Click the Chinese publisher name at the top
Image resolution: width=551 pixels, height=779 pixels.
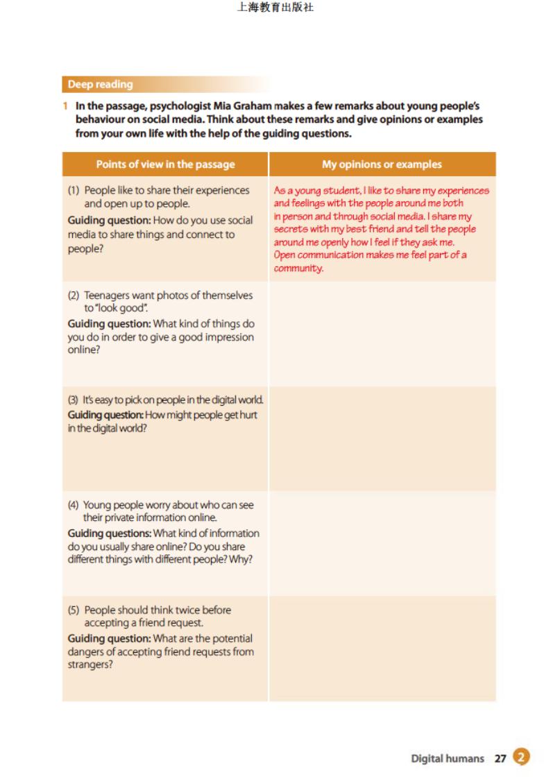coord(275,8)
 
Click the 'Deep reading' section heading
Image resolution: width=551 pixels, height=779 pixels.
coord(100,85)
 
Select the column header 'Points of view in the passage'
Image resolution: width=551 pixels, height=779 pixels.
coord(165,164)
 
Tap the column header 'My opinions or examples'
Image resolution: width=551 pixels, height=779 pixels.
coord(382,164)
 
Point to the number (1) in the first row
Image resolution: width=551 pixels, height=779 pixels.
coord(74,190)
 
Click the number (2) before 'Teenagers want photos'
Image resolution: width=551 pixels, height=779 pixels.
coord(74,296)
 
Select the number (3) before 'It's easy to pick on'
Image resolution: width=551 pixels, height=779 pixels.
coord(73,400)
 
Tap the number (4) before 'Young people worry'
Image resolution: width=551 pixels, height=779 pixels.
coord(73,505)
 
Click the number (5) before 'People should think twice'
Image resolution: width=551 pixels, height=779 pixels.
coord(74,610)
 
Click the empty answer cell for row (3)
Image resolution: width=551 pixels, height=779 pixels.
coord(382,438)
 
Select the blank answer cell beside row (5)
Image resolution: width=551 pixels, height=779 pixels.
coord(382,649)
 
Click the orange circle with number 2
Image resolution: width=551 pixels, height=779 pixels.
coord(521,757)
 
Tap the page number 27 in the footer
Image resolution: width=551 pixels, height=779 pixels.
coord(500,758)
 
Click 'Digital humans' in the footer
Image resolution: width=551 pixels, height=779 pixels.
coord(448,758)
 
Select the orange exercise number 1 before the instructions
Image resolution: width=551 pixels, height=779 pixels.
coord(65,106)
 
